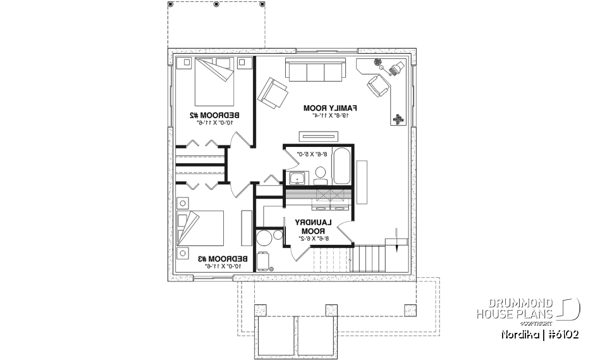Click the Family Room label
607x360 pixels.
(331, 108)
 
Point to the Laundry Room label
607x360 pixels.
(313, 227)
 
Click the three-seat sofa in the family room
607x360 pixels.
(316, 70)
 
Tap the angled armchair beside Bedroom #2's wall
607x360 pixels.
(271, 92)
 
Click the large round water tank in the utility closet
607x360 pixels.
(264, 239)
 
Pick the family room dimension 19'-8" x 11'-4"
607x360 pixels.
(331, 116)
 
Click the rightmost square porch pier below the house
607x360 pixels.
(409, 310)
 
